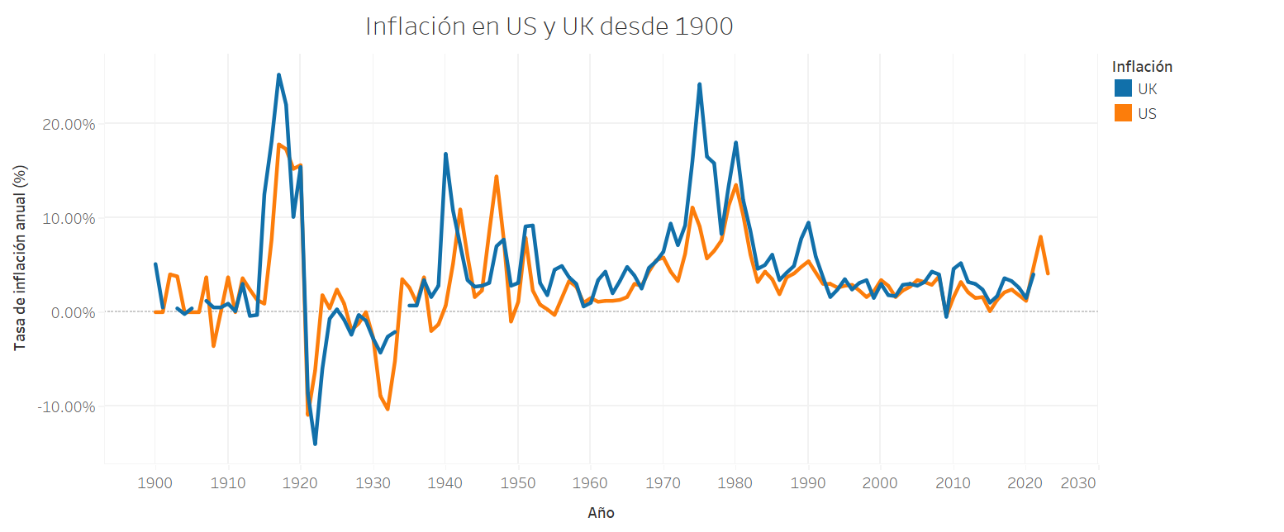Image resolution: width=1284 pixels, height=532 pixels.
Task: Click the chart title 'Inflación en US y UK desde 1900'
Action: pyautogui.click(x=549, y=26)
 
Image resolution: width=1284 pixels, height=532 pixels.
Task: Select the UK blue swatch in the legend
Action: pyautogui.click(x=1123, y=89)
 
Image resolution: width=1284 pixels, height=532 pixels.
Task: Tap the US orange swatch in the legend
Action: pyautogui.click(x=1123, y=113)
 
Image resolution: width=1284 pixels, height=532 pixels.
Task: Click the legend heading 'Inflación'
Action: pyautogui.click(x=1142, y=66)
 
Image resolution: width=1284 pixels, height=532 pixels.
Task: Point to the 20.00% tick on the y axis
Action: pyautogui.click(x=69, y=124)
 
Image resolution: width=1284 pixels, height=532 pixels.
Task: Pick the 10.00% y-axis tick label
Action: pyautogui.click(x=69, y=218)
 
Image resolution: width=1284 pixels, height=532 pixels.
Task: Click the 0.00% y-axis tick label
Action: pyautogui.click(x=72, y=312)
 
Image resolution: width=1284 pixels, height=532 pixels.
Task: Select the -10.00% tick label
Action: pyautogui.click(x=67, y=406)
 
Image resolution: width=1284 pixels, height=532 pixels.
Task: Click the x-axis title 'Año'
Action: pyautogui.click(x=601, y=513)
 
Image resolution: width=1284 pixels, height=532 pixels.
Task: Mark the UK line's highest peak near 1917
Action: pyautogui.click(x=278, y=75)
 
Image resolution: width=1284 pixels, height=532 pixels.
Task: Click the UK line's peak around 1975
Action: pyautogui.click(x=699, y=84)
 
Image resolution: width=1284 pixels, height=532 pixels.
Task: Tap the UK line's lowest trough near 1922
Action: pyautogui.click(x=315, y=444)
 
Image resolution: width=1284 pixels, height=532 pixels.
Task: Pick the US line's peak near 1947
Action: pyautogui.click(x=496, y=177)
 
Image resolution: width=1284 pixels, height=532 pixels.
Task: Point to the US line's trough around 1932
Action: pyautogui.click(x=388, y=409)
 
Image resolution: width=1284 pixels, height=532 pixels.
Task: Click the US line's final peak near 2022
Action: pyautogui.click(x=1040, y=237)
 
